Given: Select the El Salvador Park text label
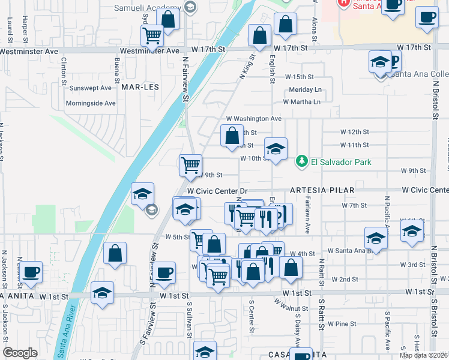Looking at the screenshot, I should click(x=341, y=162).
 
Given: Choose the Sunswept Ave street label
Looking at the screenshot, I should click(x=90, y=88).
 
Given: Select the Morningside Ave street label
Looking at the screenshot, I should click(x=91, y=103).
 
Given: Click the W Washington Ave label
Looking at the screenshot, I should click(x=253, y=119).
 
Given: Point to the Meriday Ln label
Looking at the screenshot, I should click(x=305, y=89).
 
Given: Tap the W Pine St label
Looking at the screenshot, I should click(x=342, y=324).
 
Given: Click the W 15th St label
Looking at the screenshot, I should click(x=299, y=77).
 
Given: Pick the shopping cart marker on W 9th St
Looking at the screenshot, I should click(x=191, y=164).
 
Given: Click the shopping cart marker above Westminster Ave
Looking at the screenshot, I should click(x=152, y=35).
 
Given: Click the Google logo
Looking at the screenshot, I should click(x=20, y=353).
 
